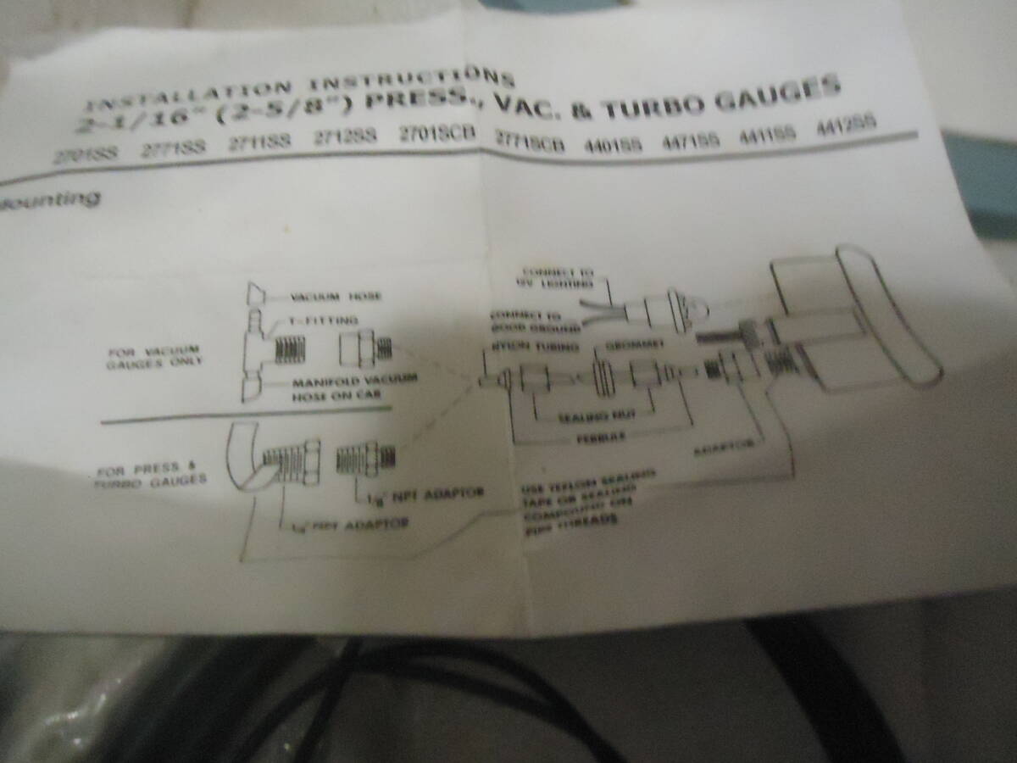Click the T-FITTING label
(323, 320)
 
